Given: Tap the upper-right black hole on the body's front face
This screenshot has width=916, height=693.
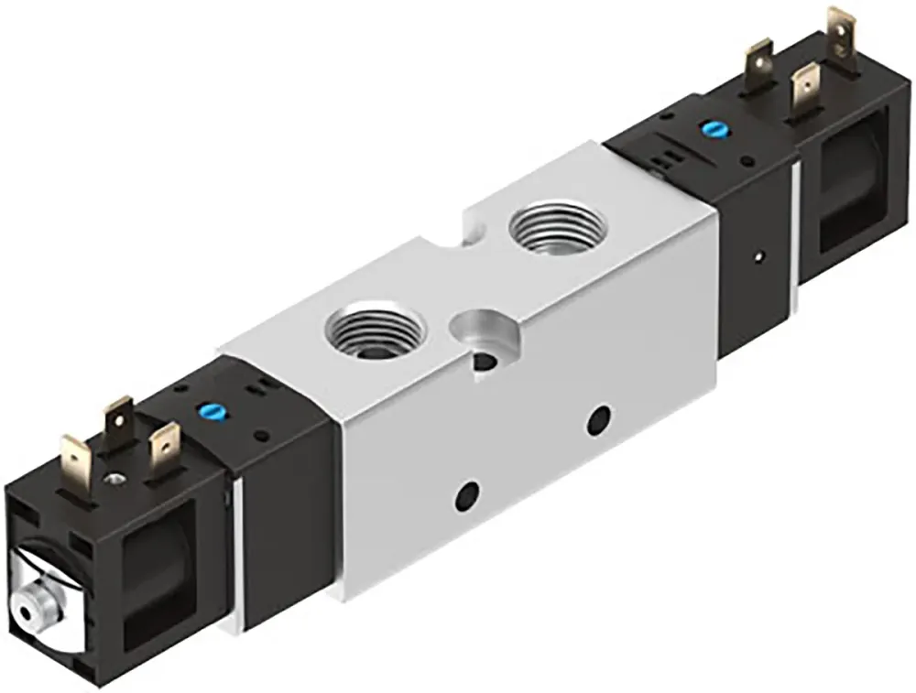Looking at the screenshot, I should (601, 422).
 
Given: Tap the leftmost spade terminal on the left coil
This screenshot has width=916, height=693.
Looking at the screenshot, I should (75, 459).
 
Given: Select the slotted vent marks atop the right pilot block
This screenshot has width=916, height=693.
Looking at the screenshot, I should (660, 159).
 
